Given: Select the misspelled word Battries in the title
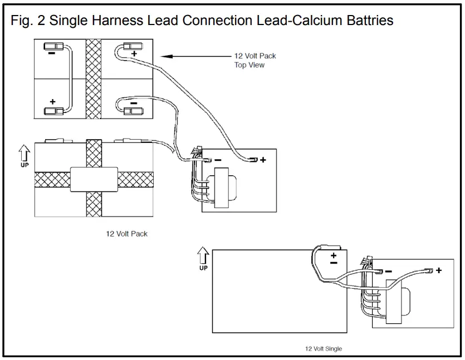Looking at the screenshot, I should coord(365,21).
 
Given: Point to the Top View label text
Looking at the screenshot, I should coord(249,65).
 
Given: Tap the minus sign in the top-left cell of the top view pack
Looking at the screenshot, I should coord(51,54).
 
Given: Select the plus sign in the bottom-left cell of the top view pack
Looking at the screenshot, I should coord(53,102).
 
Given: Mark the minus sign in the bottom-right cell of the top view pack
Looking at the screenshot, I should coord(134,103).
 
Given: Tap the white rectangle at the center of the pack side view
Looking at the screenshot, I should coord(94,179).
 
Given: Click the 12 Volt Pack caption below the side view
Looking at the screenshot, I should coord(127,234).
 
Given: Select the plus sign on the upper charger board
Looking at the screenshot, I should coord(262,160).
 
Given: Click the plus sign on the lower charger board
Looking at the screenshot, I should coord(438,270).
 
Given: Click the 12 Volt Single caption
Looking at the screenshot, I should coord(323,349).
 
